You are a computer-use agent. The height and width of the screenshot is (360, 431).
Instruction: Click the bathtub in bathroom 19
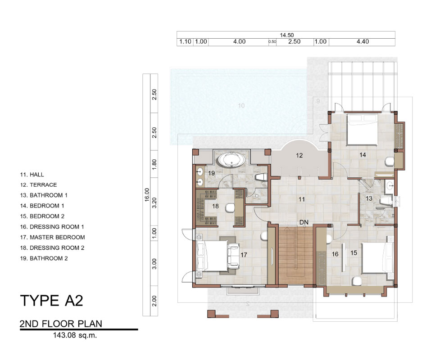point(231,160)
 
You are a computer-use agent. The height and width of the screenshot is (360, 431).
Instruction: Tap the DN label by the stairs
point(304,222)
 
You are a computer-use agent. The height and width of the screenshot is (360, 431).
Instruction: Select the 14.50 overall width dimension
point(287,35)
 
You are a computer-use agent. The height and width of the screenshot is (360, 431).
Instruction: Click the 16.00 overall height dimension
point(147,195)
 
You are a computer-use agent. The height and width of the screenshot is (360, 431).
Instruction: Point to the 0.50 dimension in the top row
point(272,42)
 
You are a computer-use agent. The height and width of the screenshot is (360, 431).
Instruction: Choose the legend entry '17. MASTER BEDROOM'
point(53,237)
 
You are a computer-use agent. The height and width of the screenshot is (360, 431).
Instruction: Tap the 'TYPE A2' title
point(51,300)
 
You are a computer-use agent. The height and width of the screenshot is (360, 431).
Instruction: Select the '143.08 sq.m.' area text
point(75,335)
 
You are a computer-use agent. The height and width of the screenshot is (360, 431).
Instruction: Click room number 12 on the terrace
point(299,155)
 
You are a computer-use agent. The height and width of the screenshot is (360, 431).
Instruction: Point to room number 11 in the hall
point(302,199)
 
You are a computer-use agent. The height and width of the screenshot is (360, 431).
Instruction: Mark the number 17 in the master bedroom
point(244,255)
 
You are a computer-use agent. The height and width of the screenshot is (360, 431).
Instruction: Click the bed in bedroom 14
point(362,130)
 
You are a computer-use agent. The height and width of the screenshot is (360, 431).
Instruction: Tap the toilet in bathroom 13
point(386,200)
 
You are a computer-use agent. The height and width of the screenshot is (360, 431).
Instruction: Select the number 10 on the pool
point(241,106)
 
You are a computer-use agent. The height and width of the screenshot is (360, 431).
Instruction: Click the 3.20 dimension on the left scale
point(154,202)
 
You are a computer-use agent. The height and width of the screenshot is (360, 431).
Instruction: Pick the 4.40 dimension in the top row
point(363,42)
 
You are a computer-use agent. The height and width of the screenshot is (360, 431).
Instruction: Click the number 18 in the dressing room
point(215,206)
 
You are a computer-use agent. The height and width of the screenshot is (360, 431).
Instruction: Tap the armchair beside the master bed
point(233,256)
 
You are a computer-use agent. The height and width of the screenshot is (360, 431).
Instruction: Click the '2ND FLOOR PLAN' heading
point(61,324)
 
